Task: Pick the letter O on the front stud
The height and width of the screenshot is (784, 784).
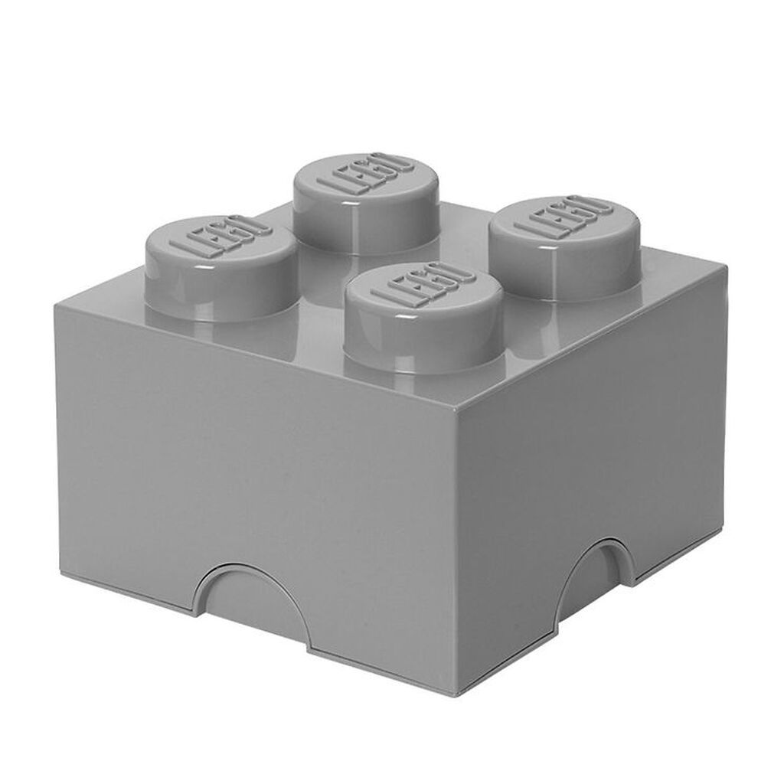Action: tap(449, 272)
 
